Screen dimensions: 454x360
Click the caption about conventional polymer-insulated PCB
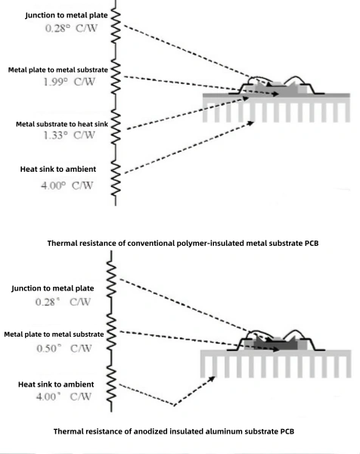tap(178, 243)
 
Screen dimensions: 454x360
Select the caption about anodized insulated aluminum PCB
tap(178, 431)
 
